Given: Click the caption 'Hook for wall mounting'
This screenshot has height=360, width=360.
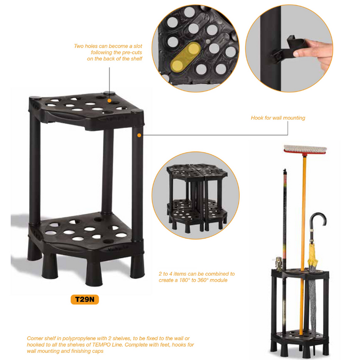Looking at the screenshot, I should point(278,118).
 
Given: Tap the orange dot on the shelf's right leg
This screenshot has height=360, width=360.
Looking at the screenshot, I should point(139,135).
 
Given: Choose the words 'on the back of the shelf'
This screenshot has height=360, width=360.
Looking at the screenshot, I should point(114,59).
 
